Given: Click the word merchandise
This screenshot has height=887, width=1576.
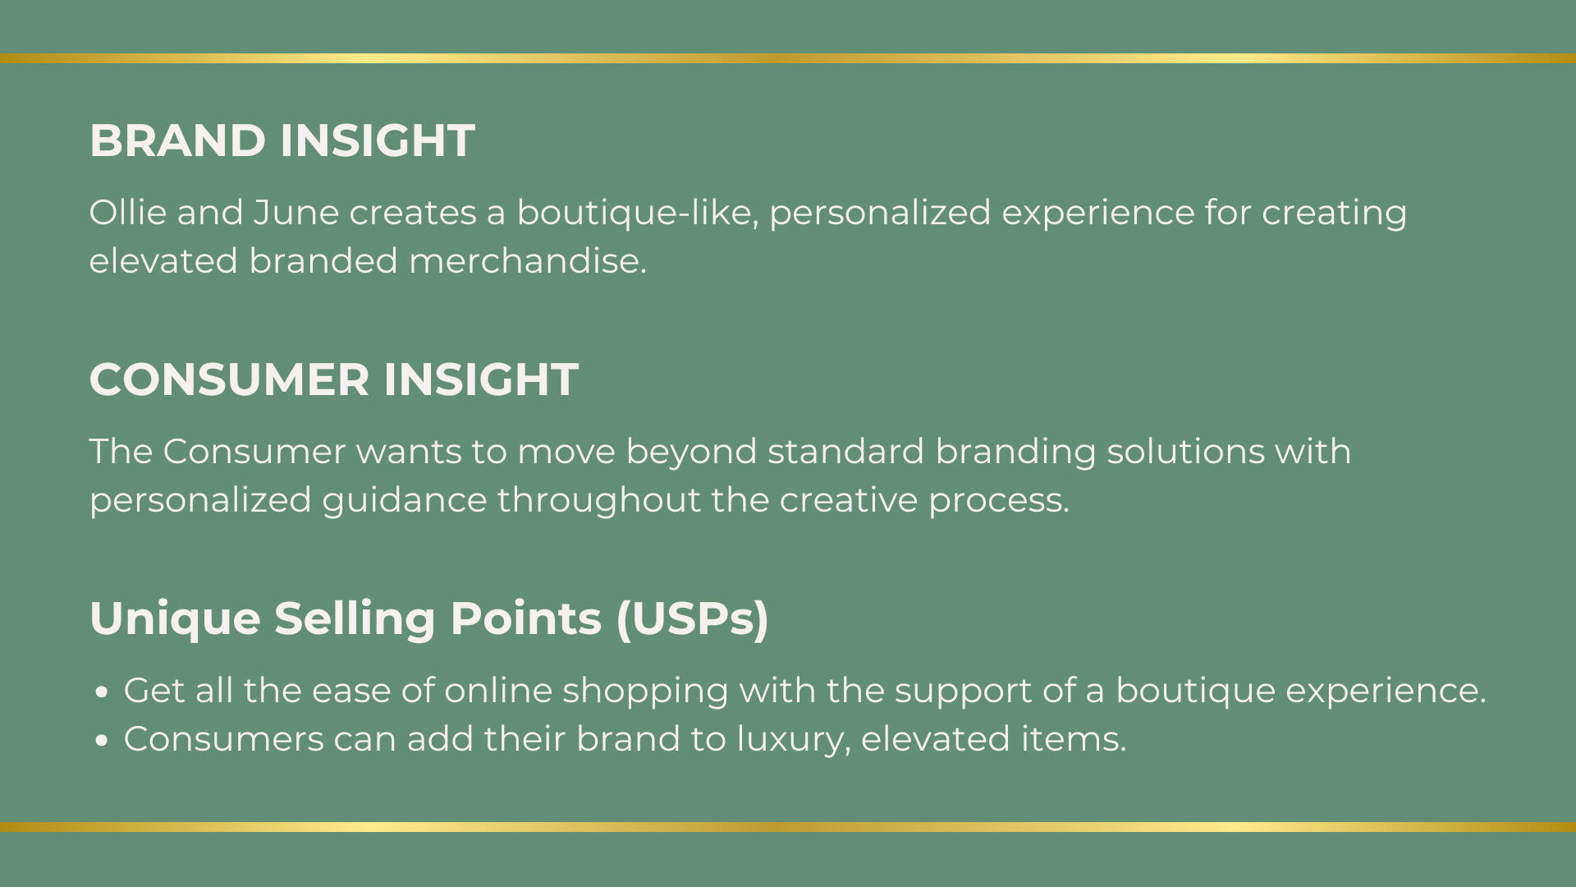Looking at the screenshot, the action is click(x=528, y=261).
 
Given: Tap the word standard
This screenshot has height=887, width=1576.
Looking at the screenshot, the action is click(x=846, y=452).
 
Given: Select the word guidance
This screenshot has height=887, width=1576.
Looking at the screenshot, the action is click(x=405, y=501).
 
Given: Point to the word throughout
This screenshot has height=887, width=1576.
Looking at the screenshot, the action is click(x=599, y=501).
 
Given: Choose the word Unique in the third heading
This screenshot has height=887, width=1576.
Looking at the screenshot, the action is click(x=176, y=619).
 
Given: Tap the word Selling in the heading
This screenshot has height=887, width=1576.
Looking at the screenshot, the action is click(x=355, y=619).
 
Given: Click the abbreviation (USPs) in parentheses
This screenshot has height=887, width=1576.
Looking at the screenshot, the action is click(x=692, y=619).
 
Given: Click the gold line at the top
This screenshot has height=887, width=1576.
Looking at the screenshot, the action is click(x=788, y=58).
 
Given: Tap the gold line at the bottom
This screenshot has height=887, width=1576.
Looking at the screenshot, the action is click(x=788, y=827).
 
